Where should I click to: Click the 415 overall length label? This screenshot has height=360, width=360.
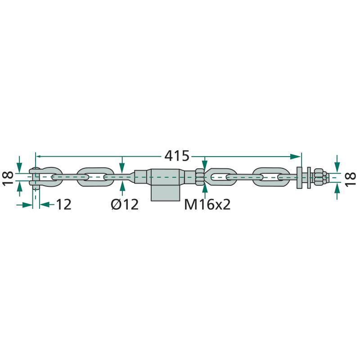coord(176,156)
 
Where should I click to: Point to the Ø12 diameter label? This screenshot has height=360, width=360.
coord(125,204)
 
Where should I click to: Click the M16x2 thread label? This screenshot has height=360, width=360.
coord(207,204)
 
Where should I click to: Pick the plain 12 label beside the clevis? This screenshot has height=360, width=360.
coord(63,204)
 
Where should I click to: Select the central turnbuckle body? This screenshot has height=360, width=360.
coord(164,177)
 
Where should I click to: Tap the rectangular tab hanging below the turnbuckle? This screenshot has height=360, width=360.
coord(165,193)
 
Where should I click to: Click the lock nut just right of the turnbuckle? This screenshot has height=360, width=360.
coord(200,177)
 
